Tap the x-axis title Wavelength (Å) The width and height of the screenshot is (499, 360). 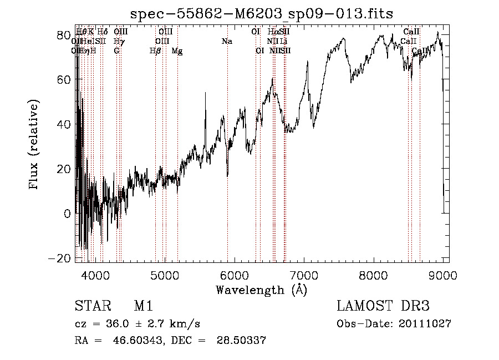pyautogui.click(x=261, y=290)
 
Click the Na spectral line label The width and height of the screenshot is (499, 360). pyautogui.click(x=227, y=42)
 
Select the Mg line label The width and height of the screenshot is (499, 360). pyautogui.click(x=177, y=51)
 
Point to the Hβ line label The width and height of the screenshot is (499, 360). pyautogui.click(x=155, y=51)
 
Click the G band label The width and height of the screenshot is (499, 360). pyautogui.click(x=116, y=51)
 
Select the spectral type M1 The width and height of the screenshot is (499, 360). pyautogui.click(x=143, y=307)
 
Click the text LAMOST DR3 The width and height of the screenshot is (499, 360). pyautogui.click(x=383, y=307)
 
